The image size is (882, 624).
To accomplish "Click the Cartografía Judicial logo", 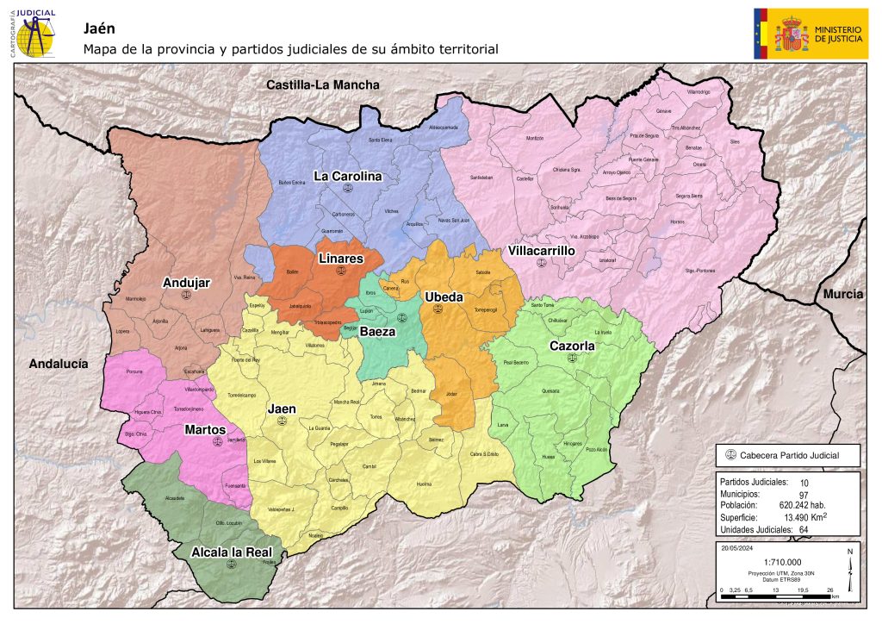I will (x=34, y=34).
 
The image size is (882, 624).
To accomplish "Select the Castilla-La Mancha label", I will (x=322, y=84).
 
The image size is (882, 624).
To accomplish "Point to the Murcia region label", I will (x=842, y=294).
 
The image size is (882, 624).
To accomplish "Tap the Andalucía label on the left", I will (x=59, y=364).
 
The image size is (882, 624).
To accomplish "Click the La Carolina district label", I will (x=347, y=177).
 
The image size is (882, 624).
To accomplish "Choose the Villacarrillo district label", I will (x=541, y=251).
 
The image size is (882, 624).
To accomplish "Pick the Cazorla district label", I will (x=572, y=346).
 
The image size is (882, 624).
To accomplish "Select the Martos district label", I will (x=206, y=429).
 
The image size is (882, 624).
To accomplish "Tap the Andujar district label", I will (x=186, y=282).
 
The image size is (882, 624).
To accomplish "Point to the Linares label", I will (x=340, y=259).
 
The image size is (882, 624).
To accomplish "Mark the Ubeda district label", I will (x=444, y=297).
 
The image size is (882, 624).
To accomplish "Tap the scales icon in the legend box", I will (x=732, y=455).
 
